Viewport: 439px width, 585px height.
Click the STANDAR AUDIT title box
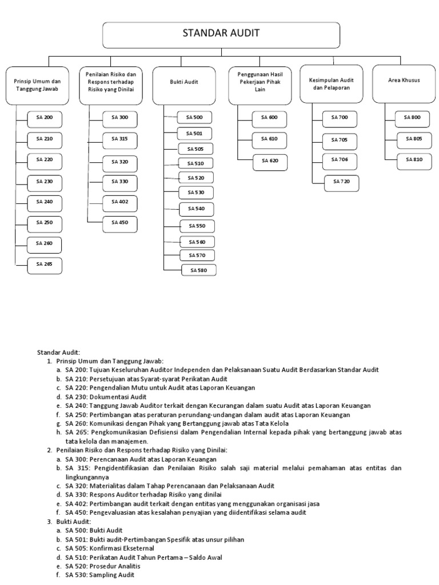[x=221, y=34]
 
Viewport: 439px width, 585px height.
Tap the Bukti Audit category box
[x=183, y=82]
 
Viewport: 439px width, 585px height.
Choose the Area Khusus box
[x=403, y=81]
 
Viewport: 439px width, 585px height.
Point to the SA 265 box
[x=44, y=264]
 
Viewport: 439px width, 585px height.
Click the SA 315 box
[x=120, y=139]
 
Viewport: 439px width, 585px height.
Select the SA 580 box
[x=199, y=270]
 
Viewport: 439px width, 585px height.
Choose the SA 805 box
[x=414, y=139]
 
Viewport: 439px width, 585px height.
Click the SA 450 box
[x=120, y=222]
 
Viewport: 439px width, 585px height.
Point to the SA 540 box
[x=196, y=209]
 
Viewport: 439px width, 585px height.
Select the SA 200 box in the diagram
[x=44, y=118]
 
